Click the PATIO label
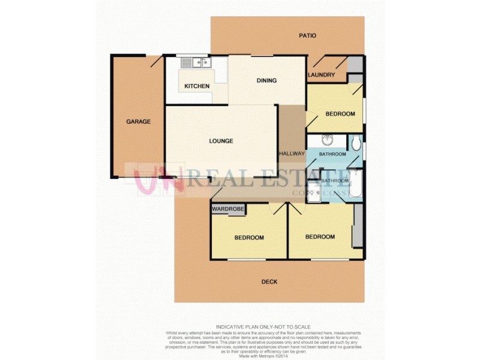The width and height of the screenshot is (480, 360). [307, 35]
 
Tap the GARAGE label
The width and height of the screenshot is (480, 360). [138, 122]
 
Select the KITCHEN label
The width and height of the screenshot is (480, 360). [197, 86]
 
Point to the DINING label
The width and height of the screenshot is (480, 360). [266, 80]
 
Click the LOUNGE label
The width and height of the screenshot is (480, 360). [221, 142]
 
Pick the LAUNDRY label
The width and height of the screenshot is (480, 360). [321, 75]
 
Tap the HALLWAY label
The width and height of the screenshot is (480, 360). [292, 154]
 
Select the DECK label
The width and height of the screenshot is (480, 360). [269, 282]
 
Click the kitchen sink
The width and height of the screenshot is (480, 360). [194, 62]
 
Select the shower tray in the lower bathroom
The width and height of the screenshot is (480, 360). [314, 189]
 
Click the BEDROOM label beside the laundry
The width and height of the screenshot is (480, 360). [340, 114]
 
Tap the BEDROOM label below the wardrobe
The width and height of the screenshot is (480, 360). [249, 238]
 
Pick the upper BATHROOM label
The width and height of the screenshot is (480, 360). [332, 155]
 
